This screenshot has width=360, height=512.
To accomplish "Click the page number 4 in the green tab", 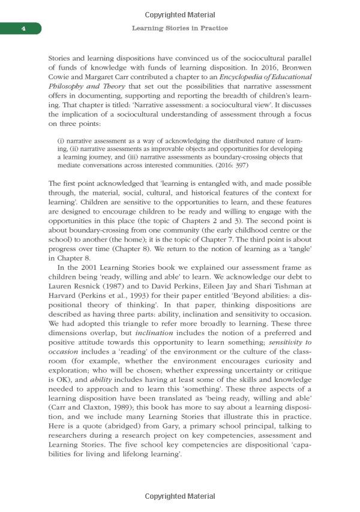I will pyautogui.click(x=21, y=29).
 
